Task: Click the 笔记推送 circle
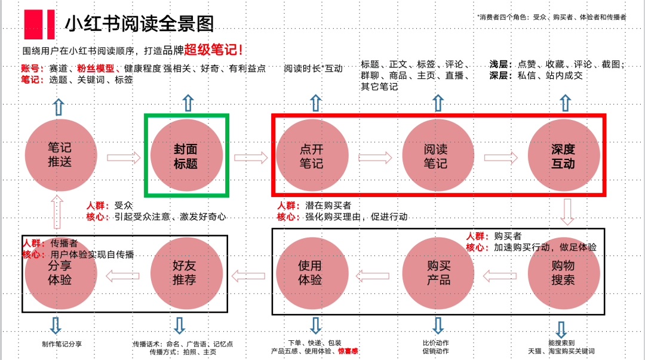click(60, 155)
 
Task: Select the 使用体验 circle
click(310, 273)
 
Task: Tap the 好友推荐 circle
click(185, 273)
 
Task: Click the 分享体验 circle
click(60, 273)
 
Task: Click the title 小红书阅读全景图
click(139, 24)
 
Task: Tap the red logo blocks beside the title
click(39, 24)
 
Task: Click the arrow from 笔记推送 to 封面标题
click(124, 158)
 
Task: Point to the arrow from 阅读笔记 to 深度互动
click(500, 158)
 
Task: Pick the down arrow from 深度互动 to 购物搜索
click(567, 212)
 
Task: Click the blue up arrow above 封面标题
click(188, 103)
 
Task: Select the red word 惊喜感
click(348, 352)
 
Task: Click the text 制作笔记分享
click(62, 344)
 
